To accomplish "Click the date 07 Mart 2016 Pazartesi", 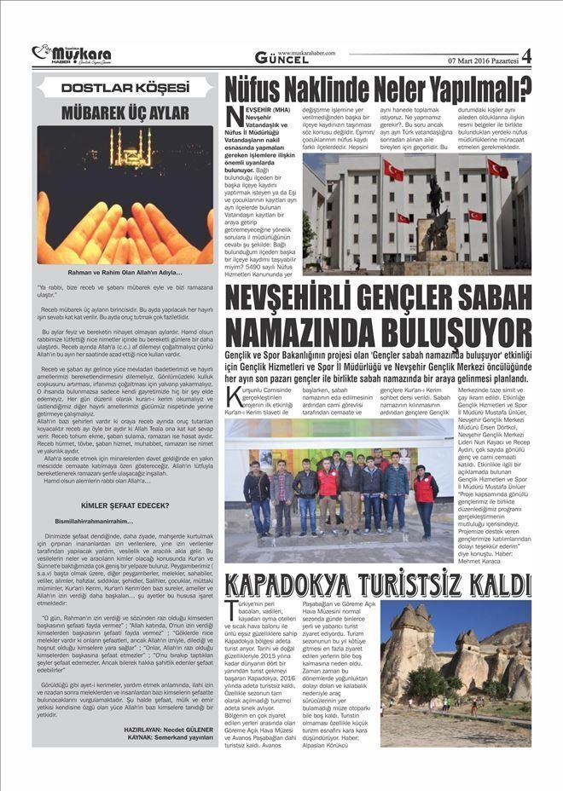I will pyautogui.click(x=481, y=61).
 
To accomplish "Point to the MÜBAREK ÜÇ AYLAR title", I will pyautogui.click(x=125, y=111).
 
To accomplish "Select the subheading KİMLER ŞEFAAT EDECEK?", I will pyautogui.click(x=125, y=505).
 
